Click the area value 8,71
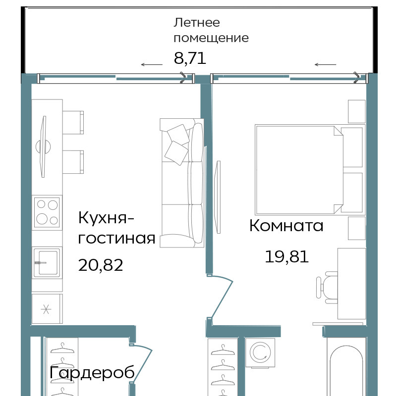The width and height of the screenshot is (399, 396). click(190, 58)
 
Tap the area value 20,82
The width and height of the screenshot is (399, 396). click(101, 265)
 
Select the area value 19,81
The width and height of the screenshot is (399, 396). click(287, 256)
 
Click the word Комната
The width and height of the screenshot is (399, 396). click(286, 225)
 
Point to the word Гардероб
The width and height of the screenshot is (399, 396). click(92, 373)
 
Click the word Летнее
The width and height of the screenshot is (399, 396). click(197, 22)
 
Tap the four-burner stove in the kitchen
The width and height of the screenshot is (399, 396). click(47, 212)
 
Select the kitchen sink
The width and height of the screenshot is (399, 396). click(47, 263)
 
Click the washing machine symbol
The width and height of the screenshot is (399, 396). click(260, 353)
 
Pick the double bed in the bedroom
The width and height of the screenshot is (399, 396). click(310, 169)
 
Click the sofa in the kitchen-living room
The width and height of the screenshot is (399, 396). click(182, 183)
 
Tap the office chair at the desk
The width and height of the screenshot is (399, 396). click(327, 288)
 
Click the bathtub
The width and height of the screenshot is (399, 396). click(346, 367)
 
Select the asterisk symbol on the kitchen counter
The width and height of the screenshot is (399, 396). click(46, 309)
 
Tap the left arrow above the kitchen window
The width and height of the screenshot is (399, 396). click(152, 64)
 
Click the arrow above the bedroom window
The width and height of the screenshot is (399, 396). click(326, 64)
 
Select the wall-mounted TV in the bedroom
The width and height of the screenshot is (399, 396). click(218, 197)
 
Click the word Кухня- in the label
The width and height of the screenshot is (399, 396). click(106, 218)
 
